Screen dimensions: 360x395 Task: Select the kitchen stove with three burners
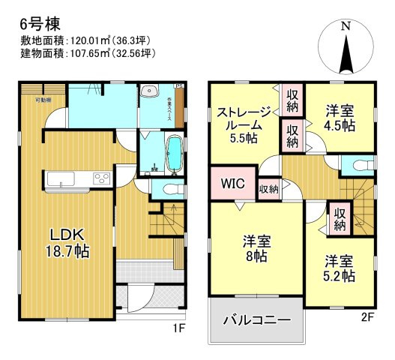click(x=100, y=178)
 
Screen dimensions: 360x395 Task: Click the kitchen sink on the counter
click(x=58, y=178)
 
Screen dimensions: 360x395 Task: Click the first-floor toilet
click(x=169, y=190)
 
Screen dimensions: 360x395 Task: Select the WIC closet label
click(x=232, y=183)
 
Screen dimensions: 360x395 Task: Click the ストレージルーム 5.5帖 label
click(x=244, y=124)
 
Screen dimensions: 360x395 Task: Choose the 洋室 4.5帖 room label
click(x=340, y=118)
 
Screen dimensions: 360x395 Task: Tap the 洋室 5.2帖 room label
click(x=340, y=268)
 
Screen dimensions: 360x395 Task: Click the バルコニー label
click(x=257, y=320)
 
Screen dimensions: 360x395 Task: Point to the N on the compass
click(x=345, y=26)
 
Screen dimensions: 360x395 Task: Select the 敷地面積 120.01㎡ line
click(x=88, y=40)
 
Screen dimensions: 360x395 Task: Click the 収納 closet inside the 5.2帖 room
click(x=340, y=218)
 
